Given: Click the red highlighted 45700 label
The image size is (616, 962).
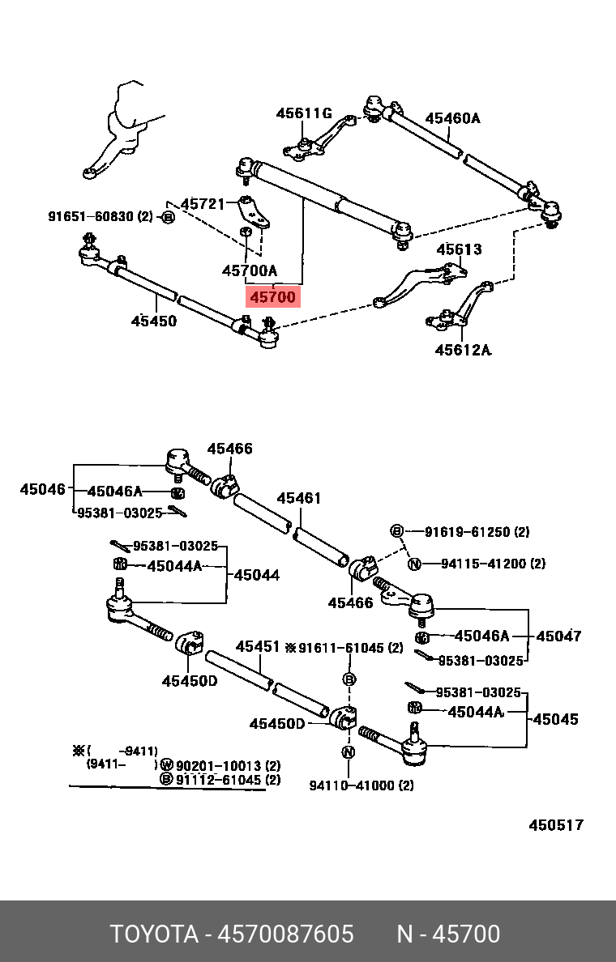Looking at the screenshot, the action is tap(272, 297).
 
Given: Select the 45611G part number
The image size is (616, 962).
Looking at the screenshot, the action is tap(304, 113).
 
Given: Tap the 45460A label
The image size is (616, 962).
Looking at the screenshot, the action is tap(453, 117).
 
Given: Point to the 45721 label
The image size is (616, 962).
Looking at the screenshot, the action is tap(203, 203).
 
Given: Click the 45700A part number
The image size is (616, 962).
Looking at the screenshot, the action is tap(250, 270).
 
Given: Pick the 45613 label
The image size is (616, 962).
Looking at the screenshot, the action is tap(460, 249).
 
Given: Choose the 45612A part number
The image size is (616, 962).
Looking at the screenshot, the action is tap(463, 350).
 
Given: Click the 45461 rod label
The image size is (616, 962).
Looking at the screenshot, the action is tap(298, 498).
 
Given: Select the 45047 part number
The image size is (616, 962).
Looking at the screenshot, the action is tap(559, 636).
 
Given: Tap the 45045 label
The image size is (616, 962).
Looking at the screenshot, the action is tap(556, 718).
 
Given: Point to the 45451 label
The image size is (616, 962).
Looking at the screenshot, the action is tap(258, 647).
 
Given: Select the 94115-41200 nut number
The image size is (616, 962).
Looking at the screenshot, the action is tap(493, 564).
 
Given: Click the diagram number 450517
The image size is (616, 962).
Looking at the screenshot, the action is tap(557, 825).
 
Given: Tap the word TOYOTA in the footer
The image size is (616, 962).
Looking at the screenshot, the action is tap(154, 934).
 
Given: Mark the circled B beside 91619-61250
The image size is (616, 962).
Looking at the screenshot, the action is tap(396, 531).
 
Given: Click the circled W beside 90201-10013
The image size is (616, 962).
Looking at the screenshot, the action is tap(166, 766).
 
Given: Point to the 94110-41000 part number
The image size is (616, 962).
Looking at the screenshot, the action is tap(361, 785).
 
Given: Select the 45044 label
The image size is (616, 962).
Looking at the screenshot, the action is tap(257, 575).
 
